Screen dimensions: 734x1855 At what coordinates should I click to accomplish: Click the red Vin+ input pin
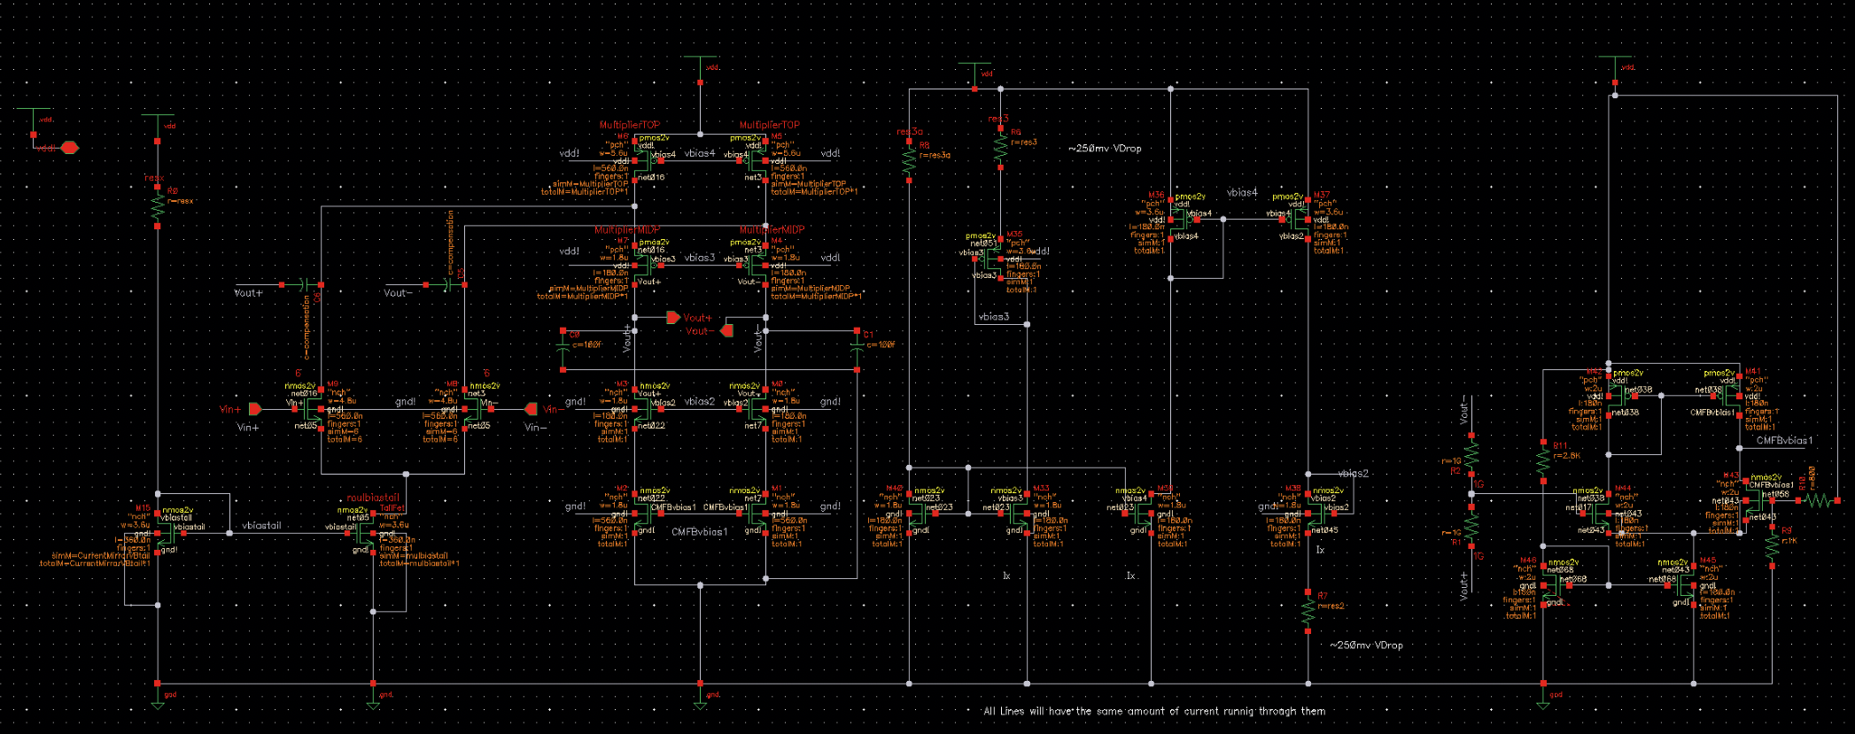[x=255, y=409]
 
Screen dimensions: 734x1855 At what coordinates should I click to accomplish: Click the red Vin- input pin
[x=532, y=409]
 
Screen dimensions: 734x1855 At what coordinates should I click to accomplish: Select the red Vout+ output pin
[x=673, y=317]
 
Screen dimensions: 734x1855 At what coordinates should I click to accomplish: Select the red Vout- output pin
[x=727, y=330]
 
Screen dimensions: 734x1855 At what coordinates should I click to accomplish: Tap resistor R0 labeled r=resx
[x=158, y=205]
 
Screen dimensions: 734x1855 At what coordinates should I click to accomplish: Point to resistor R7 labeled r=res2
[x=1308, y=611]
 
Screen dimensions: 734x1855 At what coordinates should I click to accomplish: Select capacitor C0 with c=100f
[x=563, y=351]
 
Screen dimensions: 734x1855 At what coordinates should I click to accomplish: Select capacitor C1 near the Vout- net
[x=857, y=351]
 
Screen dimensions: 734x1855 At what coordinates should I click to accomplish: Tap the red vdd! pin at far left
[x=69, y=148]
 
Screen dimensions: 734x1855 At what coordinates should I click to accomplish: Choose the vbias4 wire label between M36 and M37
[x=1242, y=192]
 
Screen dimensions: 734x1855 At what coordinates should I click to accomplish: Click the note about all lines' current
[x=1153, y=711]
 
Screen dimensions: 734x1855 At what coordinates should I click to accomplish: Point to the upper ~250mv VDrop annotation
[x=1105, y=149]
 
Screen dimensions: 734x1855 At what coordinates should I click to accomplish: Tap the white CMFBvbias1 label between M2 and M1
[x=699, y=532]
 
